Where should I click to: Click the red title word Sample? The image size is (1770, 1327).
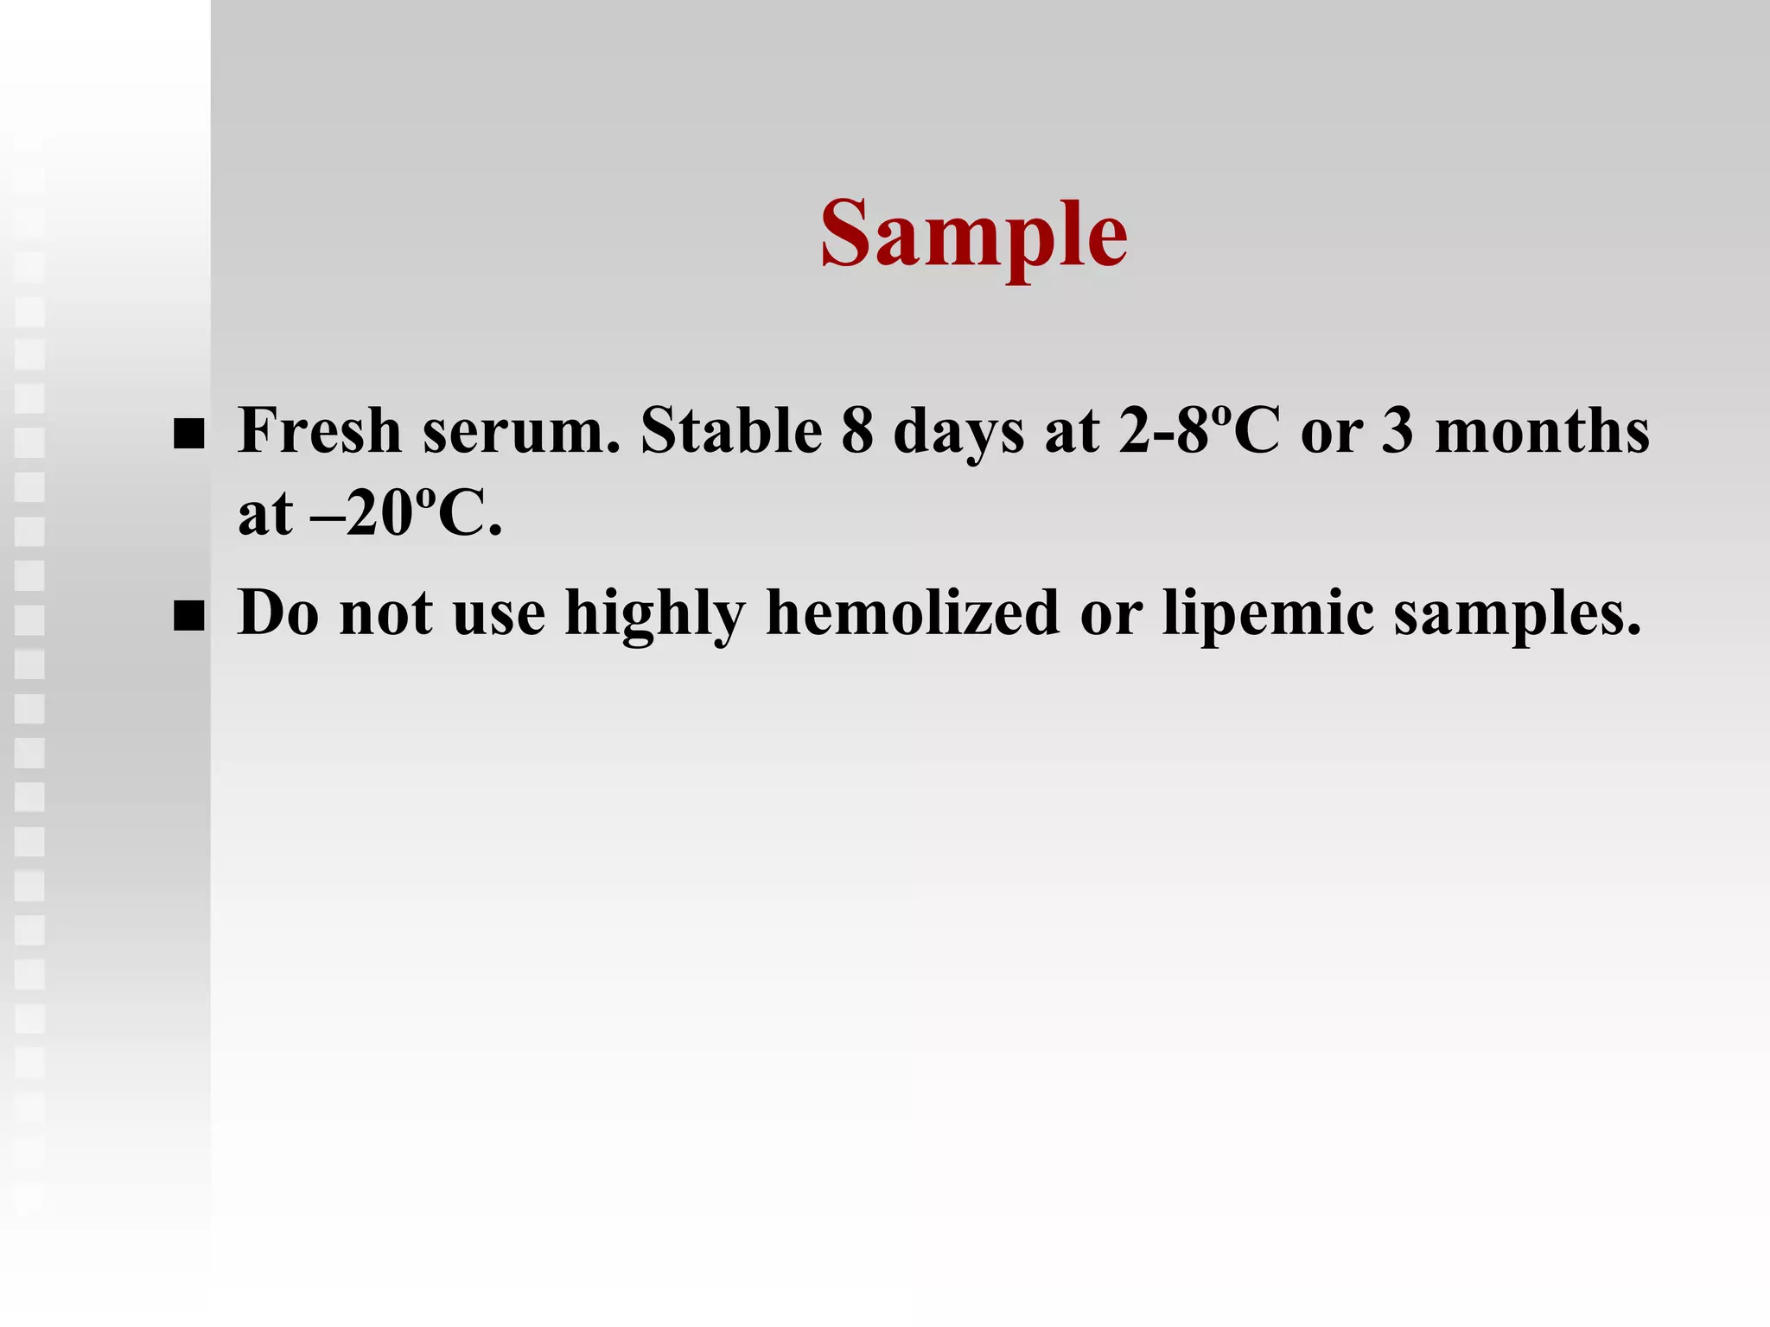[974, 235]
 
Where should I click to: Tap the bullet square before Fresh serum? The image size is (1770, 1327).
[188, 435]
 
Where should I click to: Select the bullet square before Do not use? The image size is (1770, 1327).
[188, 618]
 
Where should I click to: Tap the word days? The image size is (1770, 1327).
[958, 432]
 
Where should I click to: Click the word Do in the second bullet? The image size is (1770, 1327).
[278, 613]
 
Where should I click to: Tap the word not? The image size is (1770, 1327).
[386, 613]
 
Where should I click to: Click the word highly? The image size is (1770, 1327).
[655, 613]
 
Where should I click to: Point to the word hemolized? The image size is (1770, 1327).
[913, 613]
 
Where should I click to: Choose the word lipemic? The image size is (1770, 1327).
[1268, 613]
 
